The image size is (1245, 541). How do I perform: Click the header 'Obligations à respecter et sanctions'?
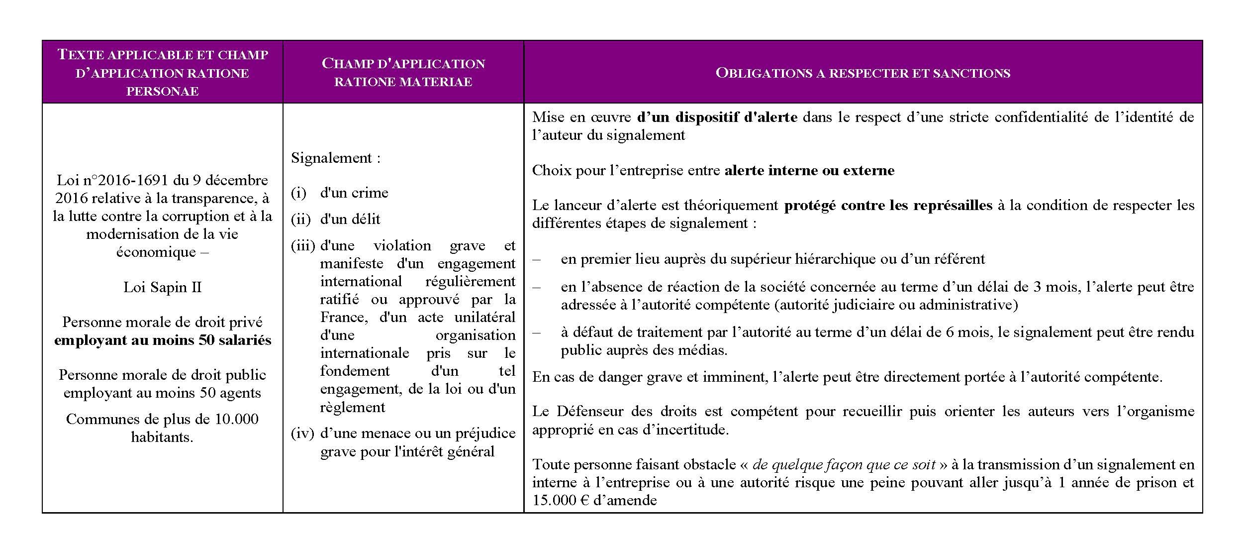[862, 73]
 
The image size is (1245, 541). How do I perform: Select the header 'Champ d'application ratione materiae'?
[403, 73]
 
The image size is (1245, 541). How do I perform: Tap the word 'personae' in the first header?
[162, 91]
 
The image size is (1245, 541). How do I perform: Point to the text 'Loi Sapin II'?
[162, 287]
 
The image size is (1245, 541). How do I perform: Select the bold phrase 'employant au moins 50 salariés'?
[162, 340]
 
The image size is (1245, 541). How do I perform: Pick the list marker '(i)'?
[298, 193]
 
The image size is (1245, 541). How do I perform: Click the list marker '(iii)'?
[303, 246]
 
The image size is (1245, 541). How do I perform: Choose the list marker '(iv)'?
[302, 433]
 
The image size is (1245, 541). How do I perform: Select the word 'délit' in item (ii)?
[365, 219]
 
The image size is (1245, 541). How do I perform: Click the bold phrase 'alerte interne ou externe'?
[809, 171]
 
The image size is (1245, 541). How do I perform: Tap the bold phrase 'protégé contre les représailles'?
[888, 206]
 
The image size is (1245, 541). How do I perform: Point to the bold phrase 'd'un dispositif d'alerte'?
[717, 117]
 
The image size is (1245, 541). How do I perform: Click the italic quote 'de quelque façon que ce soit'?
[844, 465]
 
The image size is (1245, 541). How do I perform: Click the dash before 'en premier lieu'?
[536, 259]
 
